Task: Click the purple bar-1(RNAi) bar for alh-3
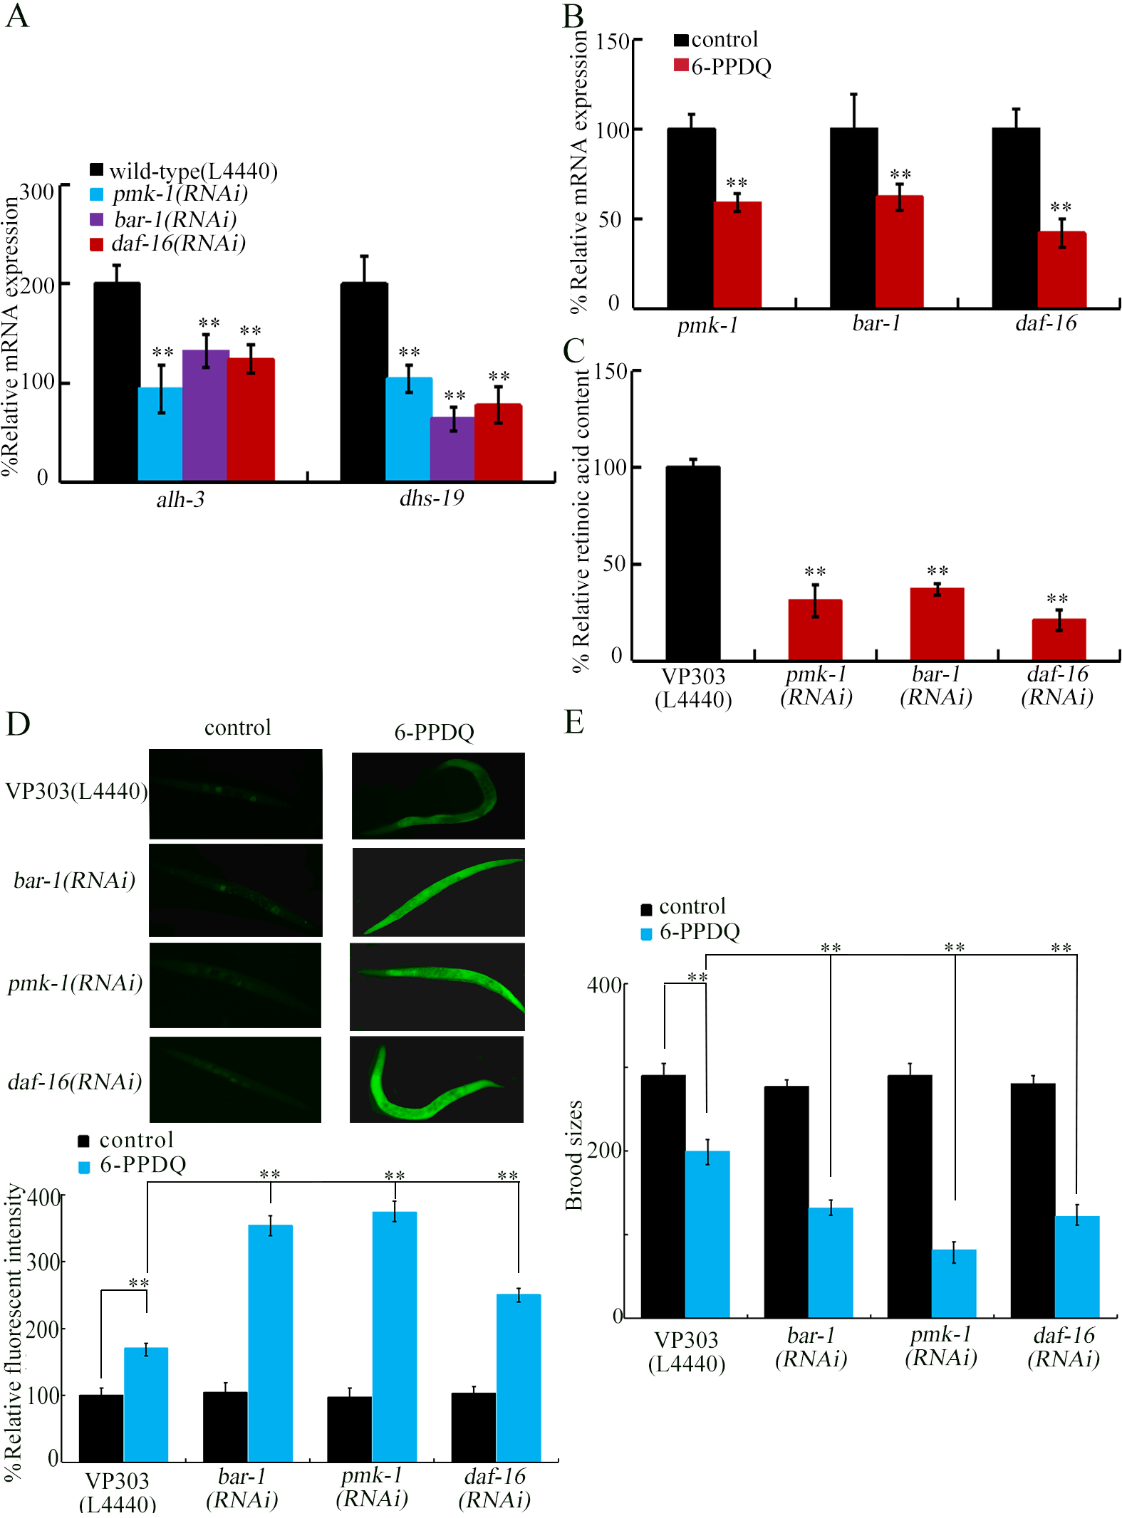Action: (205, 416)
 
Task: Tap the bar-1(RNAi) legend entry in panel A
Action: (174, 219)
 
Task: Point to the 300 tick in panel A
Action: (37, 192)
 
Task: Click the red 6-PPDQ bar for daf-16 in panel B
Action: (1061, 270)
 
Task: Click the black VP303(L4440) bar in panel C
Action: (692, 562)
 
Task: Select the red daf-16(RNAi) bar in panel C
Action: (1059, 639)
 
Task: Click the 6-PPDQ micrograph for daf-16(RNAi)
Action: (437, 1079)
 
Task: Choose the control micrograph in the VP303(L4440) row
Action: (236, 794)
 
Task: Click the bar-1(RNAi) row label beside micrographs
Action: (75, 881)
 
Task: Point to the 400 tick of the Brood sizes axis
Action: (604, 985)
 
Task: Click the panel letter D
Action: (18, 723)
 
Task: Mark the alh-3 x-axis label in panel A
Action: (180, 500)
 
